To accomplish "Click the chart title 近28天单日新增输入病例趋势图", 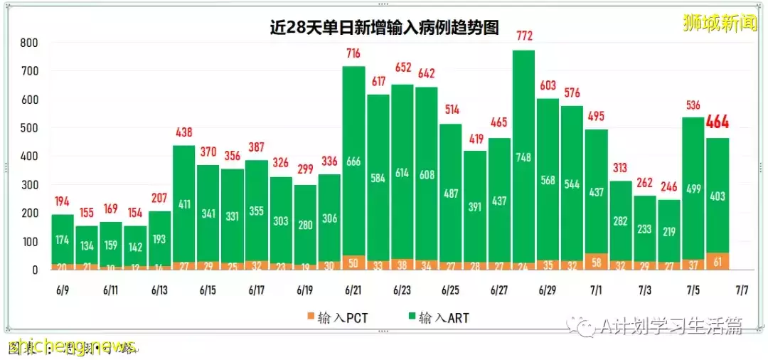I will (384, 28).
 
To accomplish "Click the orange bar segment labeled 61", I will (718, 262).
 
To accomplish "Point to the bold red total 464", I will (718, 122).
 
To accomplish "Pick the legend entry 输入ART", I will (439, 318).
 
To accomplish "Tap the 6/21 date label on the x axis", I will (353, 290).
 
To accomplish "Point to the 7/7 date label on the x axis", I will (742, 290).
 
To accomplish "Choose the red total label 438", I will (184, 132).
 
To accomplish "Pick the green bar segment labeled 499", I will (693, 189).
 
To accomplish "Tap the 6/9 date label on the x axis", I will (63, 290).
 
